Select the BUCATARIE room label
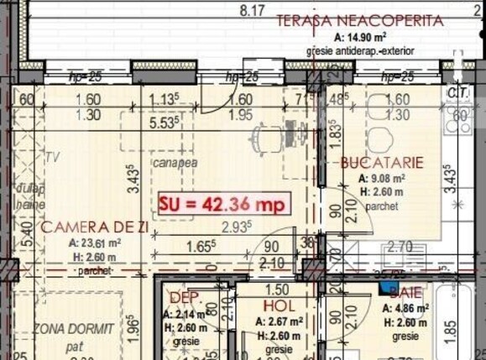click(381, 163)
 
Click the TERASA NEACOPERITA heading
click(348, 19)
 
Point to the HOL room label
click(279, 306)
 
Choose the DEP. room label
click(181, 298)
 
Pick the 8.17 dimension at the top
click(251, 11)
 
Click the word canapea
click(175, 163)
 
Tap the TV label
click(52, 157)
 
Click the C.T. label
click(458, 91)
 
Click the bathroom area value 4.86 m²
click(409, 308)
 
